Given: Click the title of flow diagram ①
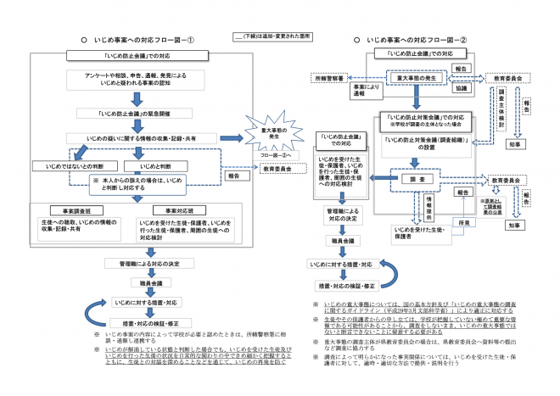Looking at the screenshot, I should click(141, 40).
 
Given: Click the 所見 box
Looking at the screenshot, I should click(462, 222).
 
